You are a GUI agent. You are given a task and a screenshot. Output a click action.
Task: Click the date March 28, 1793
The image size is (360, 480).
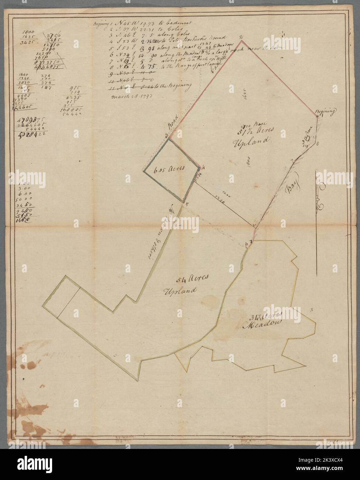[125, 96]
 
